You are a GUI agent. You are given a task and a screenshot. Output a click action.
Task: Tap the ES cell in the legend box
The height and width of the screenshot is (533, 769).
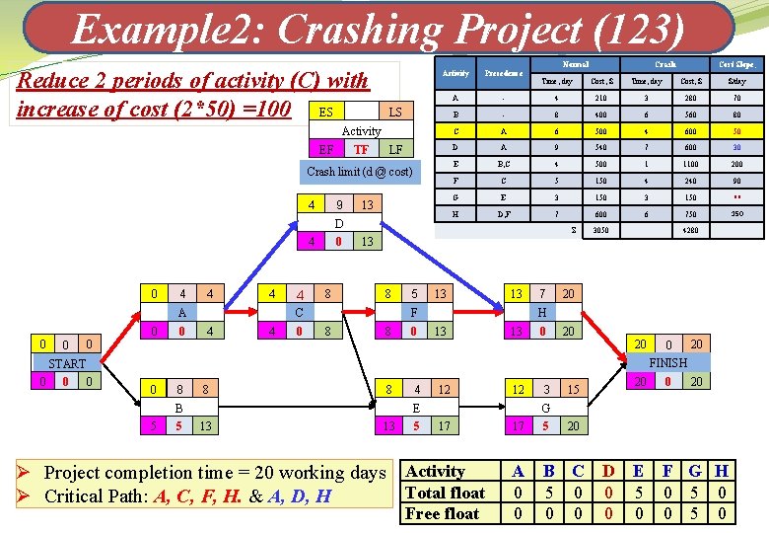point(326,112)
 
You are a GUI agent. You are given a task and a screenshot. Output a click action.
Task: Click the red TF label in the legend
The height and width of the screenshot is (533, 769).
point(361,149)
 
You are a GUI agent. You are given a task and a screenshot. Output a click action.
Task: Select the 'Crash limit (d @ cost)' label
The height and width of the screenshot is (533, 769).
point(360,172)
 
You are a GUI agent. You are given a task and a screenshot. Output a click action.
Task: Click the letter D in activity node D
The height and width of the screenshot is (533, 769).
point(339,223)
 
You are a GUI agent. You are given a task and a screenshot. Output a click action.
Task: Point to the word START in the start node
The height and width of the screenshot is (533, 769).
point(66,363)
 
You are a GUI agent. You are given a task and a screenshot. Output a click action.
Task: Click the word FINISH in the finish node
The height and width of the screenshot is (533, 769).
point(667,363)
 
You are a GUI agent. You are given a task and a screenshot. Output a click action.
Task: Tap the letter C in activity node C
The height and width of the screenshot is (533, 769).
point(300,313)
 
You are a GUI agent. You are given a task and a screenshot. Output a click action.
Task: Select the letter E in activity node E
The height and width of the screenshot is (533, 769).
point(417,408)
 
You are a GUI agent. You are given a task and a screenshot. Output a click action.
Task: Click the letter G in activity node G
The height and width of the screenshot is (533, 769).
point(545,408)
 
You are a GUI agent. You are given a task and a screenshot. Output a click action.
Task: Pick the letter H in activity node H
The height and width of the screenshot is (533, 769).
point(541,313)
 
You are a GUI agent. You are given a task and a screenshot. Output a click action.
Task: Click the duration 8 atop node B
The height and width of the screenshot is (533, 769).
point(179,390)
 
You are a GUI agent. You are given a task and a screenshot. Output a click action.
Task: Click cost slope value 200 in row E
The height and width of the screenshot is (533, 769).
point(736,164)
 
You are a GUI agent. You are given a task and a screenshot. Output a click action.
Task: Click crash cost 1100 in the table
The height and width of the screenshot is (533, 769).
point(691,164)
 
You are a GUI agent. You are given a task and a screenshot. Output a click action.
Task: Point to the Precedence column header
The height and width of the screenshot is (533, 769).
point(502,73)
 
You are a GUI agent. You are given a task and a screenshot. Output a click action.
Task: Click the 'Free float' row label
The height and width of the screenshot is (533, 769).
point(443,513)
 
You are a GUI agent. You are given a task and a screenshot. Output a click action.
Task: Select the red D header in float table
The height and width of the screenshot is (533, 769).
point(608,472)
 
